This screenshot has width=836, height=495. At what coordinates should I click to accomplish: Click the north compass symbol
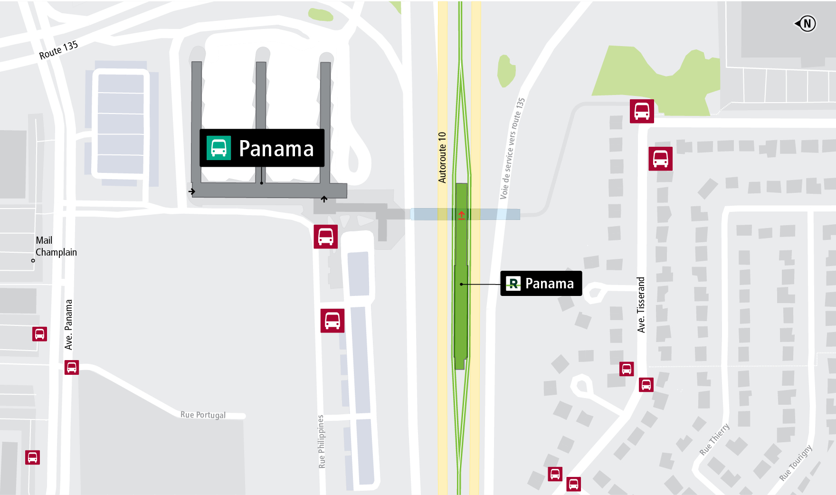(x=806, y=23)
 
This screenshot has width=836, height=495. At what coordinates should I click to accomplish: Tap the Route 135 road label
(x=58, y=50)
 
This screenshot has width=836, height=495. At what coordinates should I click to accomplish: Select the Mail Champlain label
(x=56, y=246)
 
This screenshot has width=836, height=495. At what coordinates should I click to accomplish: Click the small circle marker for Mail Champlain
(x=33, y=260)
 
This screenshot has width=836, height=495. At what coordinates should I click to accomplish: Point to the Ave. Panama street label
(x=69, y=324)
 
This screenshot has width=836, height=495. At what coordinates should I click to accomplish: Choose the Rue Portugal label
(x=203, y=415)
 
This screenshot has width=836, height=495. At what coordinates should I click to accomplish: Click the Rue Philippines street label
(x=322, y=442)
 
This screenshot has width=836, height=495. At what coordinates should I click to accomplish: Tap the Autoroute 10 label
(x=442, y=157)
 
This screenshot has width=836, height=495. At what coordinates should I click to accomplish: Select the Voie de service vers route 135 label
(x=513, y=148)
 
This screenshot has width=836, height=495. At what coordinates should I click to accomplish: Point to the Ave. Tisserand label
(x=641, y=305)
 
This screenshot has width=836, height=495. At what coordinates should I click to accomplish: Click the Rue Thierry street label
(x=714, y=439)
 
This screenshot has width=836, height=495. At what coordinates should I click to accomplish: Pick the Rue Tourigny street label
(x=796, y=463)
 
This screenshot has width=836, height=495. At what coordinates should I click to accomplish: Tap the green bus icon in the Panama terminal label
(x=218, y=148)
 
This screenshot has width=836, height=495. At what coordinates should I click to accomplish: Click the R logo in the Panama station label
(x=513, y=284)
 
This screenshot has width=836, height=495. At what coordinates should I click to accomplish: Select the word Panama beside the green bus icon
(x=276, y=149)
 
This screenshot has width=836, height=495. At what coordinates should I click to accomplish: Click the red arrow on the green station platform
(x=461, y=215)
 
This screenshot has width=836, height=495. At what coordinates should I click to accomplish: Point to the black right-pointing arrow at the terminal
(x=192, y=191)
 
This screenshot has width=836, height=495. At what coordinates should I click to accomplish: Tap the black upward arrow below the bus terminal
(x=324, y=199)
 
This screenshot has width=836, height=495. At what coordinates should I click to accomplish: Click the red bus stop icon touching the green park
(x=642, y=111)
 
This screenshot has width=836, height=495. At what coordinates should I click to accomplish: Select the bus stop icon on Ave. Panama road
(x=72, y=367)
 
